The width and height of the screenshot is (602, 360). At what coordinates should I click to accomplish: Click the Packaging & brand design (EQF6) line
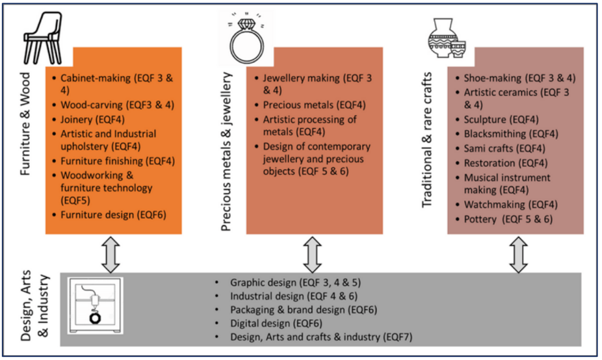[x=304, y=309]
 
